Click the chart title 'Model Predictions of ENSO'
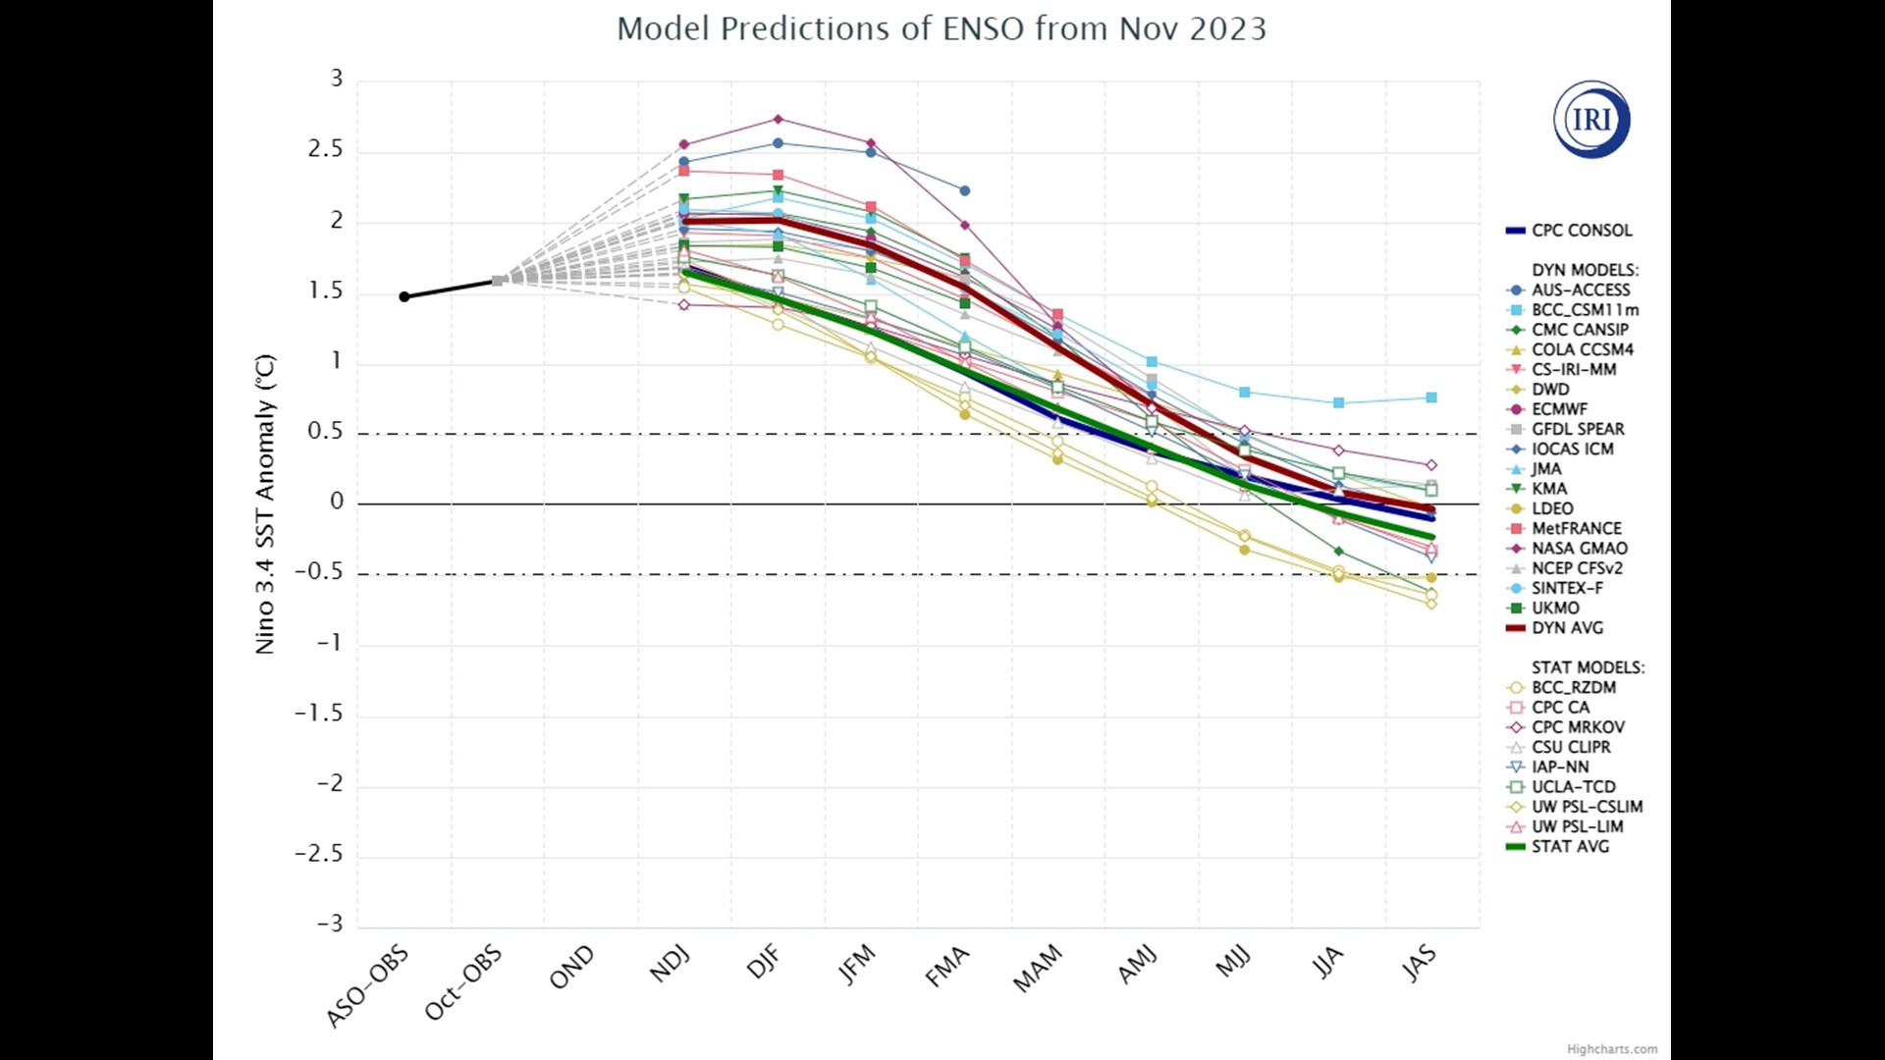(941, 28)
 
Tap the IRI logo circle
(1591, 120)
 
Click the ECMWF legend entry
(1559, 409)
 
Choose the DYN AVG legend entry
(1567, 628)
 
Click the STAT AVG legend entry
(1570, 847)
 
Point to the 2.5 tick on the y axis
(325, 149)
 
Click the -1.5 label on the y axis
(319, 714)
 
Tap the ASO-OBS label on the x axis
(367, 987)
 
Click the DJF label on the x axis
(764, 962)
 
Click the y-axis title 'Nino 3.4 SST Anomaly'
(265, 503)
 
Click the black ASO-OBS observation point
(404, 296)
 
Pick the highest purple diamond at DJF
(778, 120)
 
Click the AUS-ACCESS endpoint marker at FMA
(964, 190)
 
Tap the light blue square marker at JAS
(1431, 397)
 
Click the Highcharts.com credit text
(1611, 1049)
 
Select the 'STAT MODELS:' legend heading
(1588, 667)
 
